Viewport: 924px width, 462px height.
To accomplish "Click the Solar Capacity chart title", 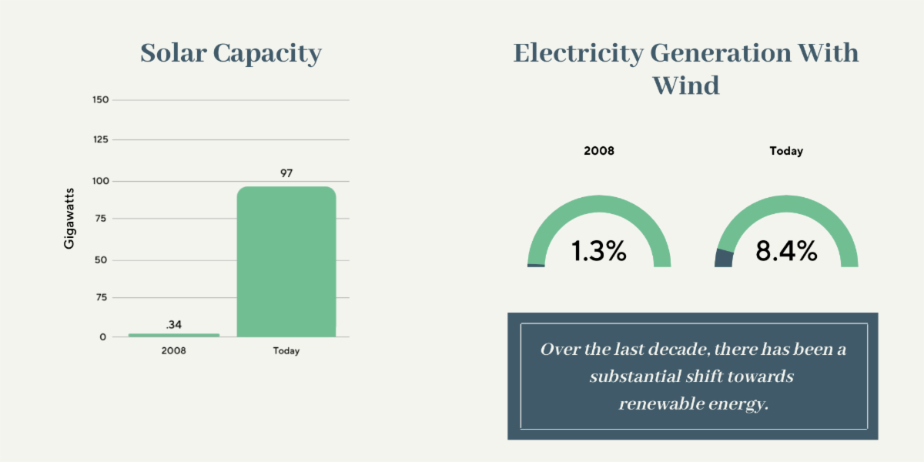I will (x=230, y=54).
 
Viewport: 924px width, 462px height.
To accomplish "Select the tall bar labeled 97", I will (x=286, y=262).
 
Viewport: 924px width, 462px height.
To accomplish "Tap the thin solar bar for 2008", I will (x=174, y=335).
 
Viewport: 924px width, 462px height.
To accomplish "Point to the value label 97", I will (x=286, y=173).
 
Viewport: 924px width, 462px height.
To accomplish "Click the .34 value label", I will (x=174, y=324).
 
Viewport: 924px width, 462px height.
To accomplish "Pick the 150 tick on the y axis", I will (x=100, y=100).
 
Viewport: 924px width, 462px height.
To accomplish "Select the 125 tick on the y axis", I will (x=100, y=140).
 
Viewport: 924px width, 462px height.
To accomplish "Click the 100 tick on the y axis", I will (x=100, y=181).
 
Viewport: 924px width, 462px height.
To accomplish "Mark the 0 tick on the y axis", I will (x=103, y=337).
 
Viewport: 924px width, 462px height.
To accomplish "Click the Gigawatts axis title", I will (x=69, y=217).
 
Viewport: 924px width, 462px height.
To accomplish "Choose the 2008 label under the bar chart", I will (x=173, y=351).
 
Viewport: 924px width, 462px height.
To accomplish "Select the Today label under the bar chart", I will (x=286, y=351).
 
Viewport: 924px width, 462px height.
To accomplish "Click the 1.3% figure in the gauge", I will (x=598, y=251).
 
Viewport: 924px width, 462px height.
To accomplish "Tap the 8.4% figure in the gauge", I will (x=786, y=251).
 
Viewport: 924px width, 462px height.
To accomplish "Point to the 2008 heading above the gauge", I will (x=599, y=151).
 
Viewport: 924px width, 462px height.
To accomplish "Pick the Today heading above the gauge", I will (x=786, y=151).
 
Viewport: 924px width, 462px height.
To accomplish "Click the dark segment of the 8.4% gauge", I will (x=724, y=258).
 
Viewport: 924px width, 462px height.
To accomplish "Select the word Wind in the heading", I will (x=686, y=84).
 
